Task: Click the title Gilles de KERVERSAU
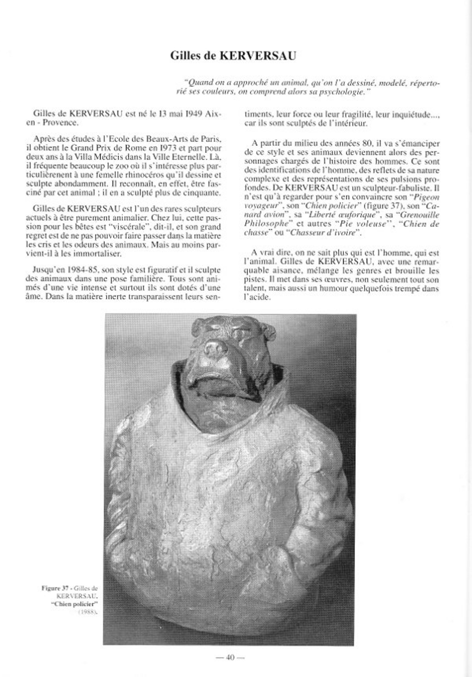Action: pos(233,55)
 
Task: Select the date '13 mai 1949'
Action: pos(179,114)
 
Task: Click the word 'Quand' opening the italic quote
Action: pos(195,83)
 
